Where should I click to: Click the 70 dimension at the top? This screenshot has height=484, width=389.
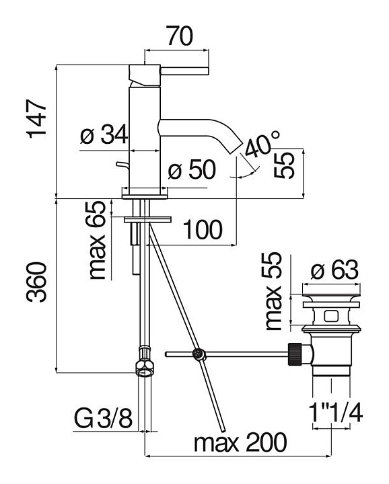pos(180,36)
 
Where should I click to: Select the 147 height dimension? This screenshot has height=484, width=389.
pos(37,118)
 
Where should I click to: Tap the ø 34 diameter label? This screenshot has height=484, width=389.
pos(104,134)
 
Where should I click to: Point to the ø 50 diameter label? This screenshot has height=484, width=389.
pos(192,169)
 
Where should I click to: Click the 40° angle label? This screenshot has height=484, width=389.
pos(262,143)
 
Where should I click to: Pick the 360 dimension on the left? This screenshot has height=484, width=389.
pos(36,282)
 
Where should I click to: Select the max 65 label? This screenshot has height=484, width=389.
pos(97,240)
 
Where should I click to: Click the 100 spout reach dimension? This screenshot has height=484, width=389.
pos(203,230)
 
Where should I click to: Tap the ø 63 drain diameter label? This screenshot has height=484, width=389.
pos(334,270)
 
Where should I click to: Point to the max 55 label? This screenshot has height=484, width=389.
pos(274,291)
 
